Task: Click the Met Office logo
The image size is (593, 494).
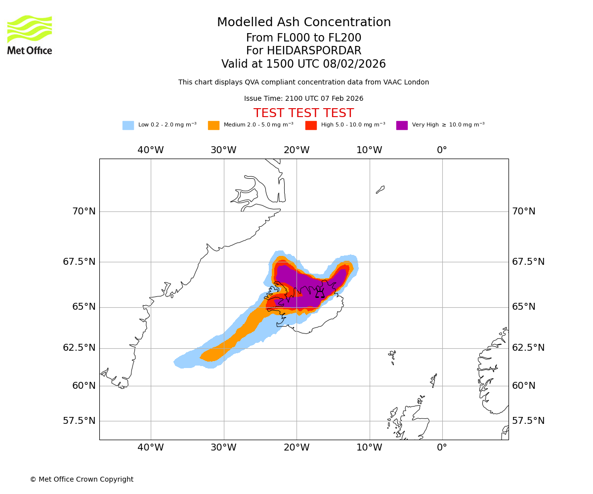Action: click(30, 35)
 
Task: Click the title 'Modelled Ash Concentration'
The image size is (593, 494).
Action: click(303, 23)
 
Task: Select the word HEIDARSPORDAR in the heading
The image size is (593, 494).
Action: click(314, 51)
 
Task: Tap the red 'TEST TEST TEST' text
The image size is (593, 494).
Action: click(303, 114)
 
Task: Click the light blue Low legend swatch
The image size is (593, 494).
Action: click(128, 125)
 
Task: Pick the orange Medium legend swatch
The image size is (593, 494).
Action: click(213, 125)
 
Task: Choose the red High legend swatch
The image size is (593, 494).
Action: click(311, 125)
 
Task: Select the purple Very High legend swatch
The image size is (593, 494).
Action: click(402, 125)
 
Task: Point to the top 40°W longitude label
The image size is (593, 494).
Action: click(151, 150)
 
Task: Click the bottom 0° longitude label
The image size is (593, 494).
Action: click(442, 448)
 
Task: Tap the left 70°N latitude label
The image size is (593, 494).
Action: click(84, 211)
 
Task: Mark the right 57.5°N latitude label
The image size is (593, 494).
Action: click(528, 421)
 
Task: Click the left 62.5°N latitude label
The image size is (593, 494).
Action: click(79, 348)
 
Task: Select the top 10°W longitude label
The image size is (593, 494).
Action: click(369, 150)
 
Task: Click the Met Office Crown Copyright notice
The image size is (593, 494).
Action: click(82, 480)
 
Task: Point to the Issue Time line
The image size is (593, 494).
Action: click(303, 99)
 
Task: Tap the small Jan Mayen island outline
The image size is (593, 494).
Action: click(380, 189)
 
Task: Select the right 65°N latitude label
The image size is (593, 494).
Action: click(524, 307)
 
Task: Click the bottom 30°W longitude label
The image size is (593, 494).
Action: click(223, 448)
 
